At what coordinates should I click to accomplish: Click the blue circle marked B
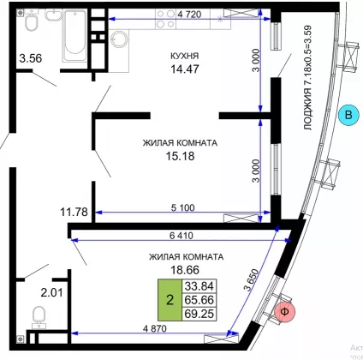(x=348, y=115)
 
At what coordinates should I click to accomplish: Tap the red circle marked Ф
(x=284, y=312)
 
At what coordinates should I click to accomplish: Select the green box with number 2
(x=170, y=300)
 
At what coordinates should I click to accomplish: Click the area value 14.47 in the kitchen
(x=185, y=69)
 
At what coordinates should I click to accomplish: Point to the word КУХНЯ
(x=184, y=56)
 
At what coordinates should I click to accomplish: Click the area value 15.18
(x=181, y=156)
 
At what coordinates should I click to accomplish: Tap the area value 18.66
(x=185, y=269)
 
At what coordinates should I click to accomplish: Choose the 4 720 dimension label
(x=189, y=15)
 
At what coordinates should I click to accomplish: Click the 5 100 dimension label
(x=182, y=207)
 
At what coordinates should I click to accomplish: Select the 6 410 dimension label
(x=181, y=236)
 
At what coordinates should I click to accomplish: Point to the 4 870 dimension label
(x=154, y=328)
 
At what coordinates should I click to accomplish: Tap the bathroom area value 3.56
(x=31, y=58)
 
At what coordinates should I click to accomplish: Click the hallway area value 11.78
(x=74, y=212)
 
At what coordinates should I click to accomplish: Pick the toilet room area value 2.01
(x=51, y=292)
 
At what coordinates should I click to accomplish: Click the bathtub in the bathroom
(x=74, y=35)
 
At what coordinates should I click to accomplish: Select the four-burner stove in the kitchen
(x=165, y=19)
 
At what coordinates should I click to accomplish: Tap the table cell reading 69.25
(x=199, y=314)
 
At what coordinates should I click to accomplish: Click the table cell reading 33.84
(x=199, y=285)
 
